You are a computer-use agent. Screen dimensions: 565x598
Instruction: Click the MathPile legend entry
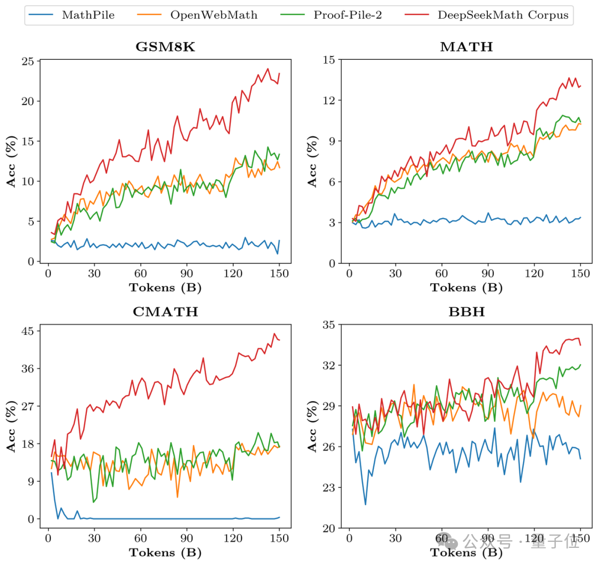point(88,15)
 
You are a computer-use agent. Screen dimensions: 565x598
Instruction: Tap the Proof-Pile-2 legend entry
point(348,15)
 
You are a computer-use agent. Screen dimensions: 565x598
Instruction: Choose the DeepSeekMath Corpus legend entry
point(503,15)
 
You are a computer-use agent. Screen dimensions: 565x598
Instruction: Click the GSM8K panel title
point(165,47)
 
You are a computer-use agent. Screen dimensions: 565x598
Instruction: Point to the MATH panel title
point(466,47)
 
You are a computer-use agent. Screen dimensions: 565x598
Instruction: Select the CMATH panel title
point(165,312)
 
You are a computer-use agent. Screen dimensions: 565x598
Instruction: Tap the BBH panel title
point(466,312)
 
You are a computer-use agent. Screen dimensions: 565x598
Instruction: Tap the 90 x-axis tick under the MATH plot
point(488,273)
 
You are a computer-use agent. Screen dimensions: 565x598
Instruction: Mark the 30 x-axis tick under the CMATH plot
point(94,538)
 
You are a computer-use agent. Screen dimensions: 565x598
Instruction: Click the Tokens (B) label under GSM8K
point(165,288)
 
